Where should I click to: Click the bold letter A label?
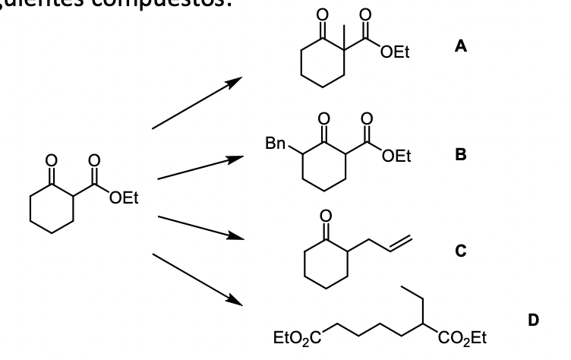pos(460,46)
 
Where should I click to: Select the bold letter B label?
pos(460,154)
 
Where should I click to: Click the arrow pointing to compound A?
pos(197,103)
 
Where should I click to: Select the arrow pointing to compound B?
pos(200,169)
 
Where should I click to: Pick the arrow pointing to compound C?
pos(200,228)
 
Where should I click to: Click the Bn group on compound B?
pos(276,142)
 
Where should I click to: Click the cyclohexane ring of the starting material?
pos(52,209)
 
